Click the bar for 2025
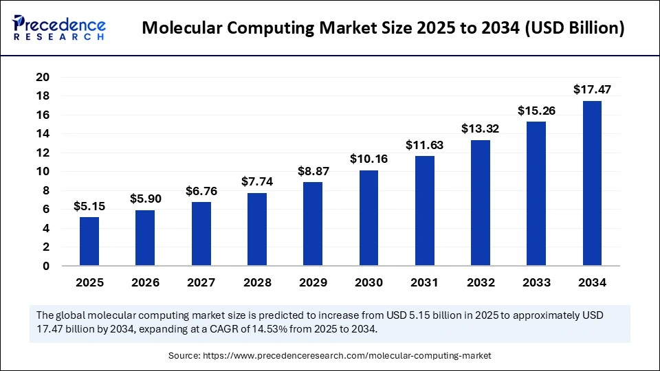click(89, 241)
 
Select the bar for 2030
click(368, 218)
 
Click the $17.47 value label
click(592, 89)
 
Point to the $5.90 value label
click(145, 199)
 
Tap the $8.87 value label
click(313, 170)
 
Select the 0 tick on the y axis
click(45, 266)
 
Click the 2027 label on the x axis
click(201, 282)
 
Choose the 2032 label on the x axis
click(480, 282)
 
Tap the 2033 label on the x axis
click(536, 282)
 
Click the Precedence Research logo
click(59, 27)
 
